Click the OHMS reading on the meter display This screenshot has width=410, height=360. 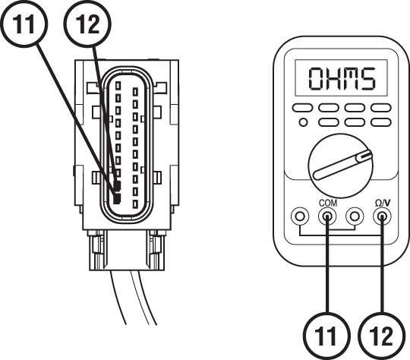click(341, 78)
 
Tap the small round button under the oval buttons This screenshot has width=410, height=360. click(303, 122)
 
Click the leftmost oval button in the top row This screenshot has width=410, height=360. click(304, 109)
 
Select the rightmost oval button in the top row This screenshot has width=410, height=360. click(380, 109)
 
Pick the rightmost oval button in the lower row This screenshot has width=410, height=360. click(380, 122)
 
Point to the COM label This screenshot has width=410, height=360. click(327, 204)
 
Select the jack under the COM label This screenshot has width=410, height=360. click(327, 218)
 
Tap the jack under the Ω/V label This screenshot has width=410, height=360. click(382, 218)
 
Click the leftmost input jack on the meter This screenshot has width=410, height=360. click(301, 218)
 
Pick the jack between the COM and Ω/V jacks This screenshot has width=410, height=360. click(354, 218)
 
